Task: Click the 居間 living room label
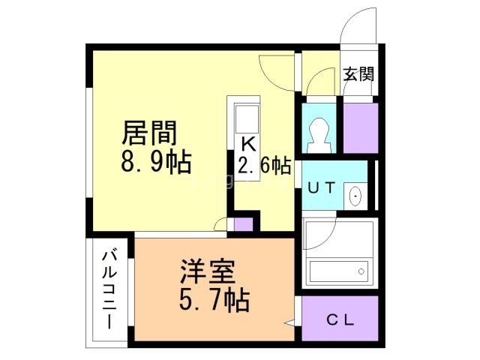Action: click(x=150, y=133)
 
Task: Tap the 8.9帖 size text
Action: click(x=155, y=160)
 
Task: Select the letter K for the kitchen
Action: click(x=247, y=143)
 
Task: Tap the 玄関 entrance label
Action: click(x=358, y=74)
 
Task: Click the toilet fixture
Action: click(x=318, y=132)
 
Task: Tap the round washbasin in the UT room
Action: click(x=355, y=197)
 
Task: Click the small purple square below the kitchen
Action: click(x=243, y=223)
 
